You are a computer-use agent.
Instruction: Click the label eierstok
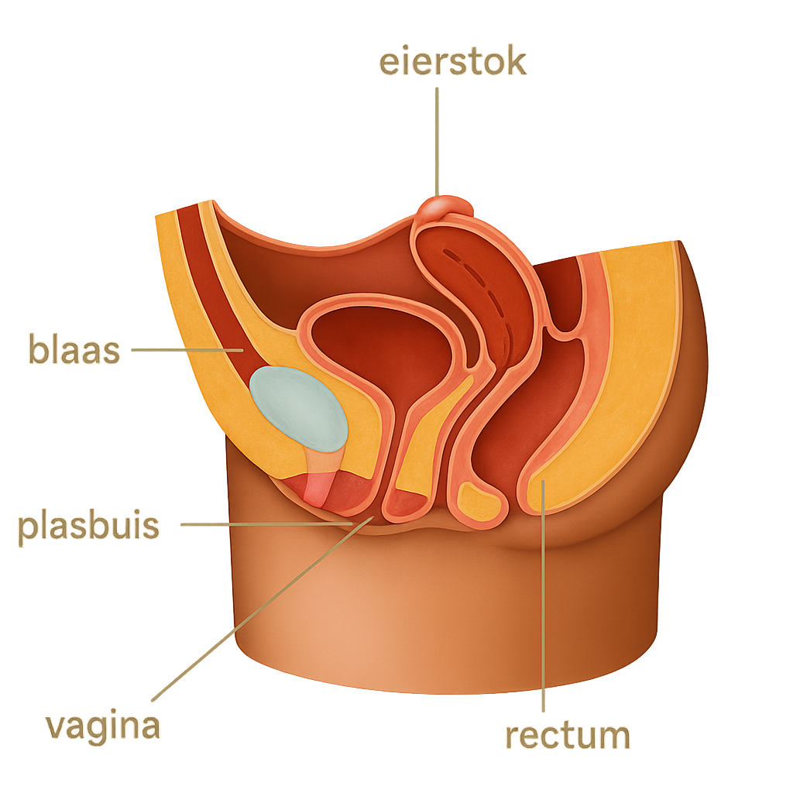[452, 61]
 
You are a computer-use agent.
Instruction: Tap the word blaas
[74, 350]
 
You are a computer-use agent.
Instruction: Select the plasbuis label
[88, 527]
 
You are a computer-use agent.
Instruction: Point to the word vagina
[102, 726]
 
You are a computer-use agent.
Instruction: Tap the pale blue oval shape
[298, 408]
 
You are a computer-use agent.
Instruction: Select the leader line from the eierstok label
[437, 139]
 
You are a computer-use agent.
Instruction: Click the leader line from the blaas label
[186, 350]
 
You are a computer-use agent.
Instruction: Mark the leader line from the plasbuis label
[263, 524]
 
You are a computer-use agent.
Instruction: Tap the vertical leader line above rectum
[544, 604]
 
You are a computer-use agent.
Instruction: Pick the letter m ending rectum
[613, 736]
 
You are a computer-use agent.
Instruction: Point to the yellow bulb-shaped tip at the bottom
[480, 502]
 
